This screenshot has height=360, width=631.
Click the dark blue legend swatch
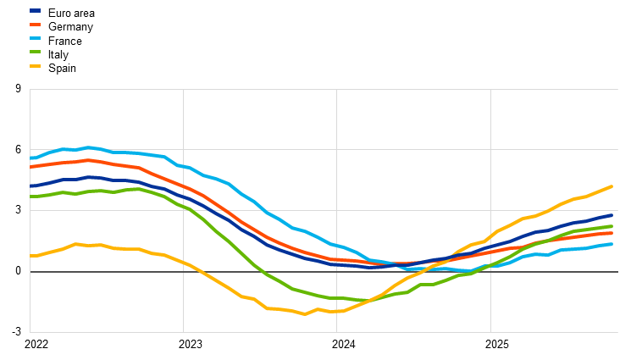coord(35,11)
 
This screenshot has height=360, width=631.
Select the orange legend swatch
coord(35,25)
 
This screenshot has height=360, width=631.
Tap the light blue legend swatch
coord(35,38)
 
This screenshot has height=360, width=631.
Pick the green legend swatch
coord(35,52)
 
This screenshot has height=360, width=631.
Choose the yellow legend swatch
coord(35,65)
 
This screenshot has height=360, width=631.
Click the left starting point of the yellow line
coord(30,256)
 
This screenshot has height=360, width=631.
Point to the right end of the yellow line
coord(612,186)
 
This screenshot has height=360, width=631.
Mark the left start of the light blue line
coord(30,158)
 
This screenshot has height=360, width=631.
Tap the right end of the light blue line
coord(612,244)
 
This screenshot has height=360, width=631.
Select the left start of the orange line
coord(30,167)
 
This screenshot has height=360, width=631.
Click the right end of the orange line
coord(612,233)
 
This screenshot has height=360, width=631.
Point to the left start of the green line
coord(30,197)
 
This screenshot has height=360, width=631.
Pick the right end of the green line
coord(612,226)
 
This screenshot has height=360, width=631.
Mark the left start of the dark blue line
coord(30,186)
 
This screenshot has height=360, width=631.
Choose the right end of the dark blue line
coord(612,215)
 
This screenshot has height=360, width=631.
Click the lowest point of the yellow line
coord(305,314)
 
